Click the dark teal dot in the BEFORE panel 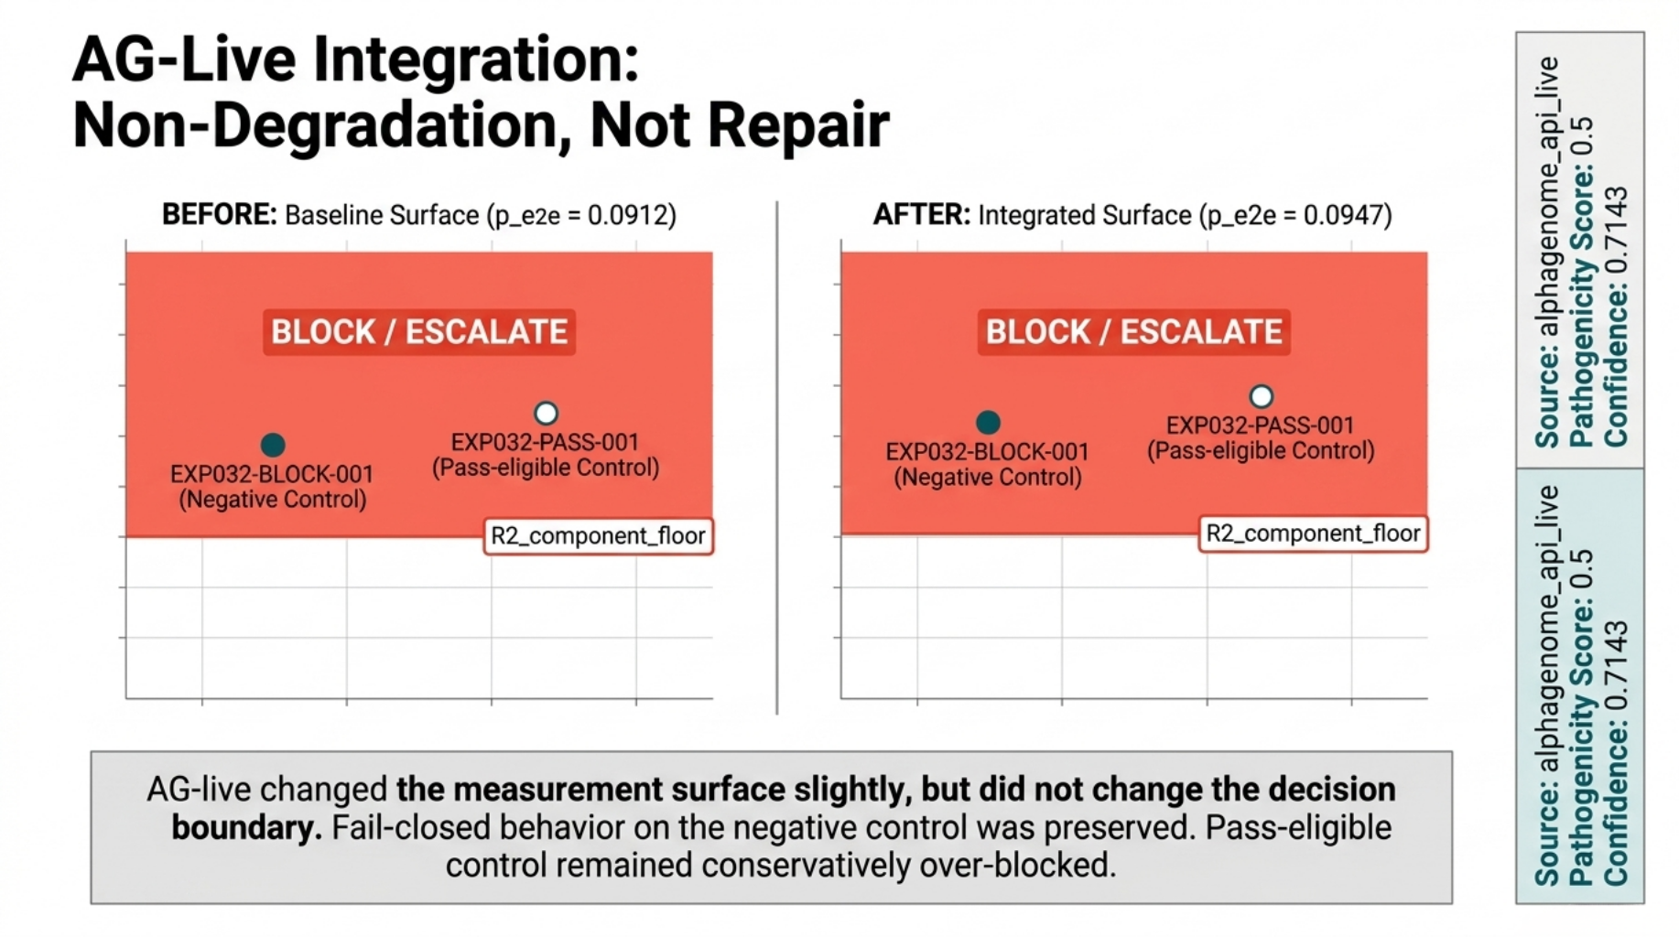(273, 445)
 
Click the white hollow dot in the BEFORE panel (547, 413)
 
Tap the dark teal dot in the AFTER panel (988, 422)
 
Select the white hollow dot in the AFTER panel (1262, 396)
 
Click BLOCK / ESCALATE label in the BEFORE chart (419, 331)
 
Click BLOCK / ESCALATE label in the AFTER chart (1133, 331)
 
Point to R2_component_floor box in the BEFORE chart (598, 535)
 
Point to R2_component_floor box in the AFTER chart (1313, 533)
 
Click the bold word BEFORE (219, 215)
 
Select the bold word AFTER (921, 215)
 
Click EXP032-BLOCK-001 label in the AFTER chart (987, 452)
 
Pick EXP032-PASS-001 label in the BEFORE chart (545, 443)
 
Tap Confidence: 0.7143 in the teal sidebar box (1616, 752)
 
